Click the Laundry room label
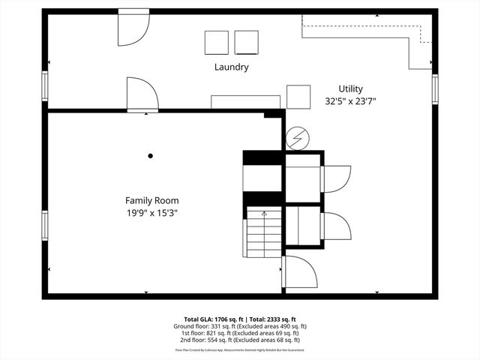coord(231,67)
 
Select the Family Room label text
coord(151,200)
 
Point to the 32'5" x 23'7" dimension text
coord(350,100)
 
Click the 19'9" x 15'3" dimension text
coord(151,212)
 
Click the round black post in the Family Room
coord(151,156)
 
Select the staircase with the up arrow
coord(263,233)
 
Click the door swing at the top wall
coord(133,28)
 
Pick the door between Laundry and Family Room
coord(142,95)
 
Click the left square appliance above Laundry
coord(216,42)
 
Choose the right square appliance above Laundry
coord(246,42)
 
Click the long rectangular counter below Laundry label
coord(245,102)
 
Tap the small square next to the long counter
coord(298,97)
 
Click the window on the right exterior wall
coord(434,88)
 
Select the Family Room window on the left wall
coord(45,225)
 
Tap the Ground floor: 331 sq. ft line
coord(241,326)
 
